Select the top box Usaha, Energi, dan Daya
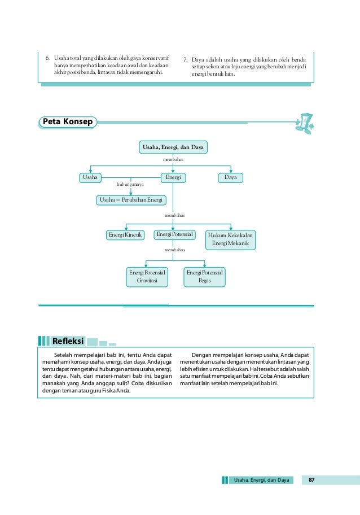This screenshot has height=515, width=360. [173, 148]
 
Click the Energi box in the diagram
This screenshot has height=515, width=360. [173, 177]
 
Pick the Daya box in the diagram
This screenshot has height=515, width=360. [230, 177]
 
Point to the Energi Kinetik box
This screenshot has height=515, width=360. [125, 235]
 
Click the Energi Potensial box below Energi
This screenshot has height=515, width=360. [175, 234]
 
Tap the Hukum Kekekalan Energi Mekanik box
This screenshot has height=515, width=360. [230, 239]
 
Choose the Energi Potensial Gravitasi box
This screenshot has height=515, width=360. [146, 277]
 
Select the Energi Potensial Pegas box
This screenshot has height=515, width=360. [205, 277]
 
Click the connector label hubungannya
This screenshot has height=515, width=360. [130, 185]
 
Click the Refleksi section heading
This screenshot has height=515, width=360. [68, 341]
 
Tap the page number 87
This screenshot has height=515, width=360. [311, 480]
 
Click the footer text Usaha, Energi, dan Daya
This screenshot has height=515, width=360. [262, 480]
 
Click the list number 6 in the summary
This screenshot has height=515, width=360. [48, 58]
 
